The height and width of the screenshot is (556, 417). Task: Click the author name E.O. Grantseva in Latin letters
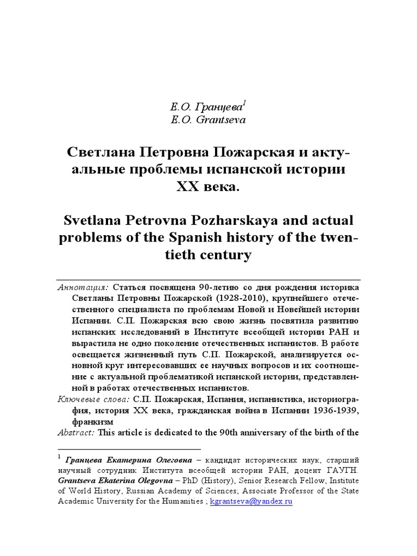coord(208,120)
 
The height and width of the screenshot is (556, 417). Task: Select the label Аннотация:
coord(83,287)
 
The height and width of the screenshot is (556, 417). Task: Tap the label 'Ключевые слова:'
coord(93,400)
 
